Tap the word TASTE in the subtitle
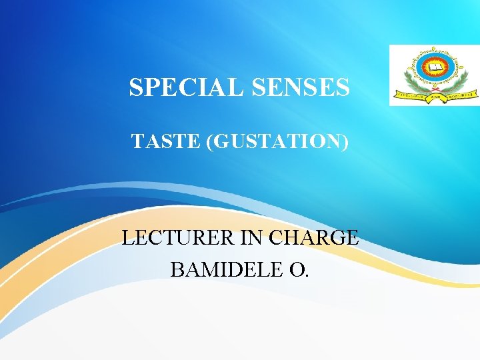click(166, 141)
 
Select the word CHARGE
click(312, 237)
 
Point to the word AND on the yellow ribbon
click(434, 96)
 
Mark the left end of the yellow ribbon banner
click(399, 95)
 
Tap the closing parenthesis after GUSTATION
click(345, 141)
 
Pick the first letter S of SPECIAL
click(135, 87)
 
